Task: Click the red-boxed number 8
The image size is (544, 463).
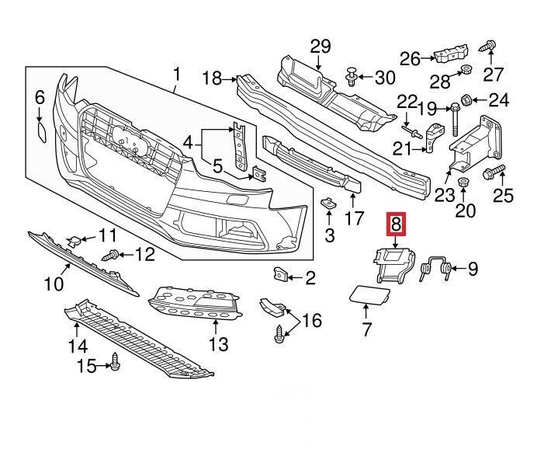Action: [396, 225]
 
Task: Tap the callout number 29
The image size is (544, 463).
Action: [321, 47]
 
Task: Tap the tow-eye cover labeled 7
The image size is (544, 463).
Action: [364, 294]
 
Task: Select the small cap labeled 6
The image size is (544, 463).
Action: [40, 127]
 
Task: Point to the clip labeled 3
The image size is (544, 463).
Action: [327, 205]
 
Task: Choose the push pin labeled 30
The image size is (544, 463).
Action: [352, 76]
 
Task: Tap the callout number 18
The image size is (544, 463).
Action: [211, 78]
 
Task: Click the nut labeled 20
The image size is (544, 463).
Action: [464, 183]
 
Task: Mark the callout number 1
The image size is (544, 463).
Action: [175, 76]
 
